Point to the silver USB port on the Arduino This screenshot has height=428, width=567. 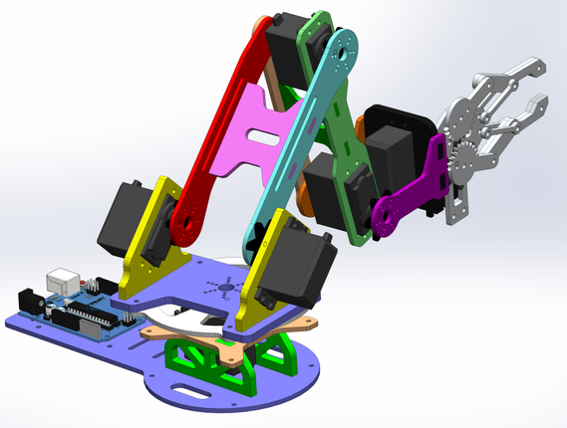click(x=65, y=280)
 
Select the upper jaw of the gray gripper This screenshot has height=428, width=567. click(x=513, y=76)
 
